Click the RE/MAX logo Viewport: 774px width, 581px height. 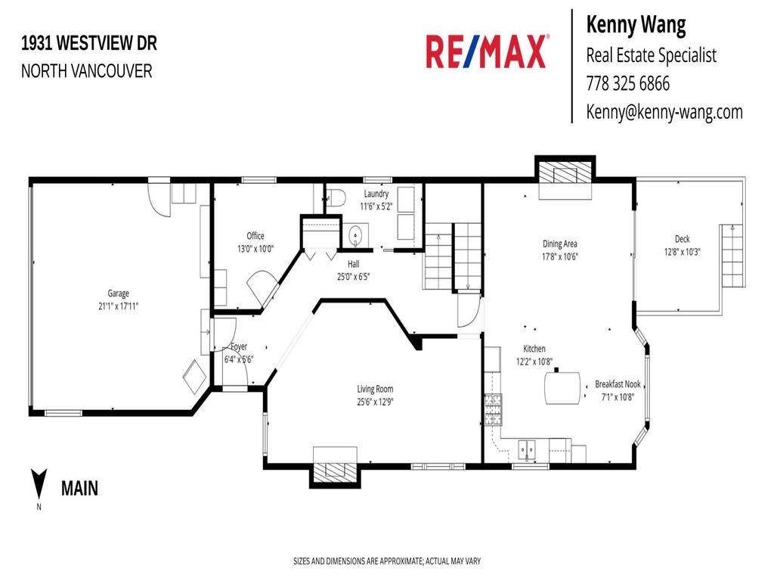coord(486,51)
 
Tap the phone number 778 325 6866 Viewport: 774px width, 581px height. coord(627,83)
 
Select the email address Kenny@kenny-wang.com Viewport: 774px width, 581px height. coord(664,112)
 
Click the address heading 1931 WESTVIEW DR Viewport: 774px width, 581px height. coord(89,44)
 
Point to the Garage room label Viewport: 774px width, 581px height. coord(118,294)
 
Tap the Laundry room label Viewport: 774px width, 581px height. coord(376,194)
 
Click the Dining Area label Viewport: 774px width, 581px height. coord(559,244)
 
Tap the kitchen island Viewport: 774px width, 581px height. coord(563,388)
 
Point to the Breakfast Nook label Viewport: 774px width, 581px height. coord(618,384)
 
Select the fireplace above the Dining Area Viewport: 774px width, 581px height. coord(565,176)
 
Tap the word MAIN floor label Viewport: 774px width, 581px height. coord(79,489)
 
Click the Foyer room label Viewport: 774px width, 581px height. coord(239,348)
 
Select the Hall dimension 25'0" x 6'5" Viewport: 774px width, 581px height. coord(353,276)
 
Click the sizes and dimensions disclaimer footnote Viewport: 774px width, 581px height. coord(386,561)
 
